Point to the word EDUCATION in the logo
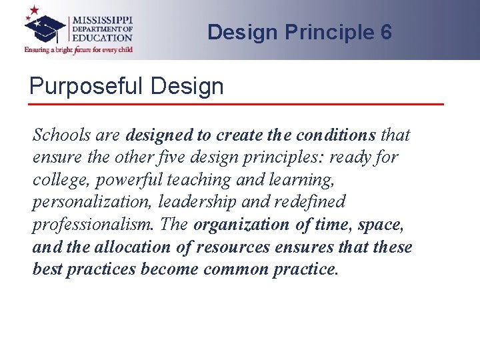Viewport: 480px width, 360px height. [103, 38]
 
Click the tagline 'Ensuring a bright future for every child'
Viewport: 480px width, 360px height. [79, 49]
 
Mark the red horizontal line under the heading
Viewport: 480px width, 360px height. [237, 104]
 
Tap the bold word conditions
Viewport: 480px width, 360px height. [336, 135]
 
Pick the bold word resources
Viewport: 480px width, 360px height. [230, 247]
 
